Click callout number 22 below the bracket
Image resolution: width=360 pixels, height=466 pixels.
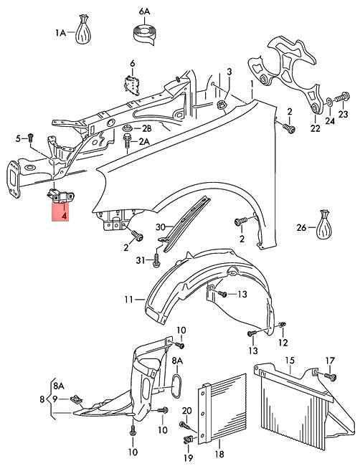pos(316,129)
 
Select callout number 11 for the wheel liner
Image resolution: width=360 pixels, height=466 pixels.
pos(128,299)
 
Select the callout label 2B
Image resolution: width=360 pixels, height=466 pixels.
pos(146,128)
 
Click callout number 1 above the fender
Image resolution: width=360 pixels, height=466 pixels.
pos(252,84)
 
